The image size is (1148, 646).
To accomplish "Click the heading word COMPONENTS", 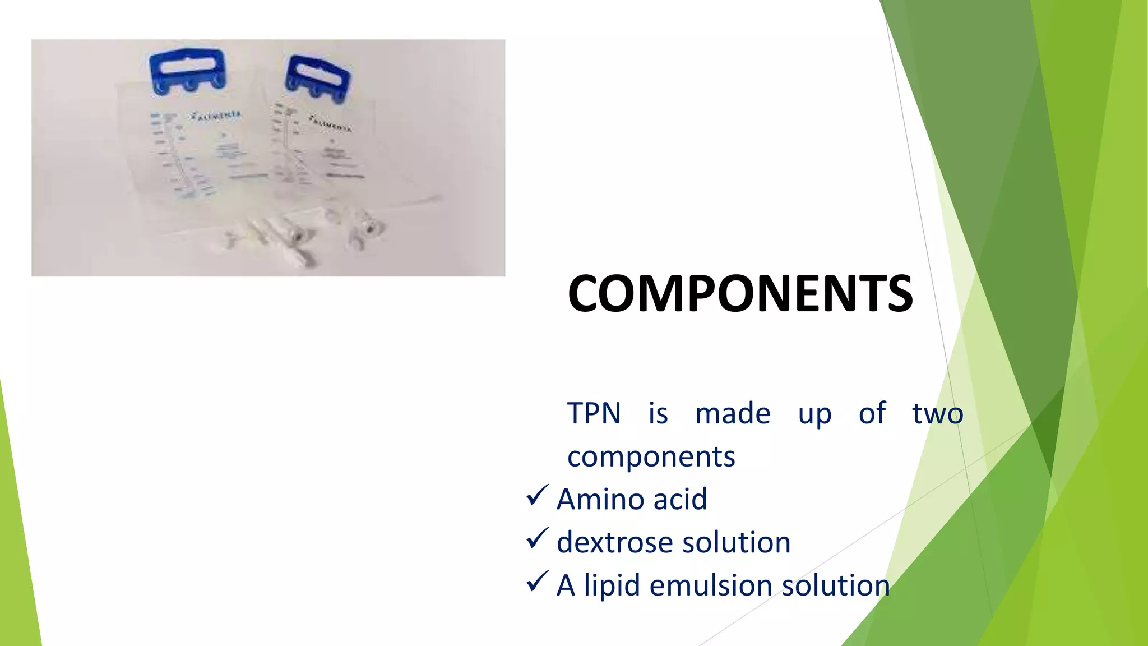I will point(740,293).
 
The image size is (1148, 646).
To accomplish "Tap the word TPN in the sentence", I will point(594,414).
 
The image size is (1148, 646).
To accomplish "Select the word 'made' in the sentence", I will point(733,414).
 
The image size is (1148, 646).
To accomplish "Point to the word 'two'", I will point(937,414).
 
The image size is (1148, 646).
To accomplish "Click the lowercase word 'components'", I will point(651,456).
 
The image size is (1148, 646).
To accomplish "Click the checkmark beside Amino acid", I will point(537,496).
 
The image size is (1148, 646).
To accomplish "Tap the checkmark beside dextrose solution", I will point(537,538).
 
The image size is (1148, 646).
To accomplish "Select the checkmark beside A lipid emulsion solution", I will point(537,582).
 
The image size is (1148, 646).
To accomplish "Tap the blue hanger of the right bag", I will point(318,79).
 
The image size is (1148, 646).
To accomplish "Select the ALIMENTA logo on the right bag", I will point(330,124).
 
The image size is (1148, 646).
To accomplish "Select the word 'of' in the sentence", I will point(872,414).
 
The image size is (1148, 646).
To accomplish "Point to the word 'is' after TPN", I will point(658,414).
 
